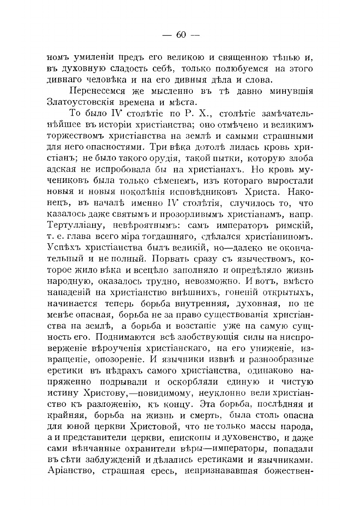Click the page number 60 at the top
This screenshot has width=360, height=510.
(180, 35)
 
